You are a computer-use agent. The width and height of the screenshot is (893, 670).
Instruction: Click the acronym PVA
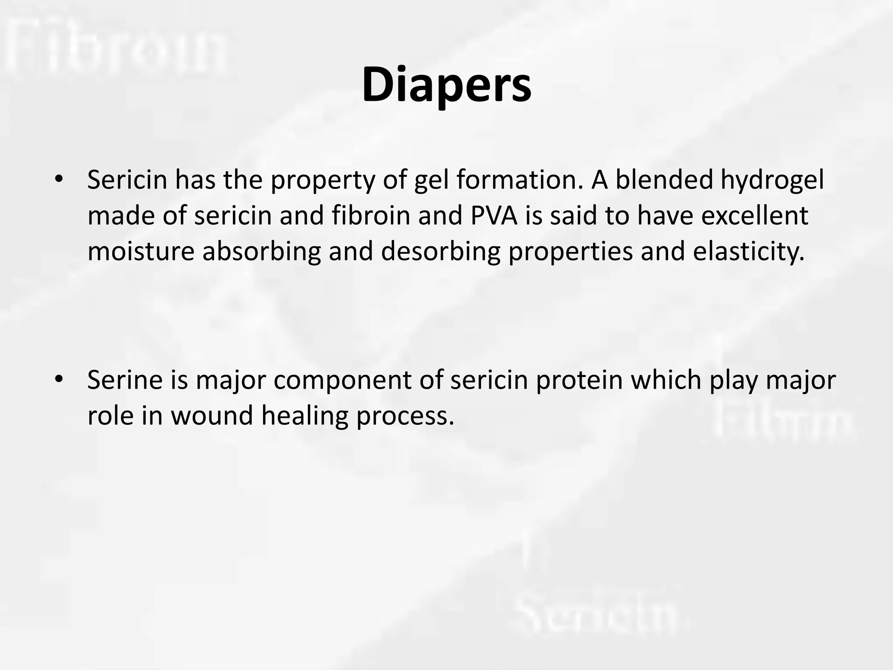pyautogui.click(x=494, y=215)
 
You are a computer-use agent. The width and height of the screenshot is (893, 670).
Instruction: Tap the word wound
pyautogui.click(x=212, y=415)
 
